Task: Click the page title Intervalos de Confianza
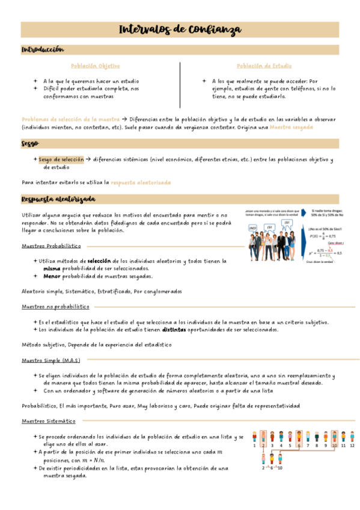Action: pyautogui.click(x=180, y=29)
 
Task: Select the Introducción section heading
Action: pyautogui.click(x=43, y=49)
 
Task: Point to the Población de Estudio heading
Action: pyautogui.click(x=264, y=66)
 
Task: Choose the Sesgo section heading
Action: pyautogui.click(x=30, y=144)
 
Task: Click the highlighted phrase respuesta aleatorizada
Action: pyautogui.click(x=141, y=182)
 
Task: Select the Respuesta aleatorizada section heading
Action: pyautogui.click(x=58, y=199)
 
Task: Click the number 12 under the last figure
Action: pyautogui.click(x=352, y=446)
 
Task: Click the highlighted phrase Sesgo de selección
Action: pyautogui.click(x=61, y=159)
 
